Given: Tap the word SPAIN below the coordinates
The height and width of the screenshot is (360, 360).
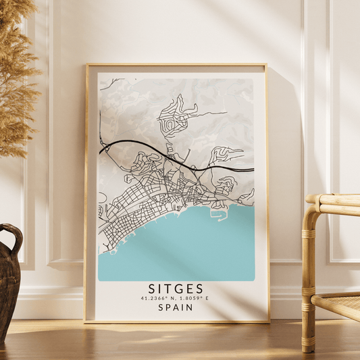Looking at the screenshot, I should coord(176,307).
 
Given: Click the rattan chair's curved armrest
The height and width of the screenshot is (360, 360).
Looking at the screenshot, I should coord(331,201).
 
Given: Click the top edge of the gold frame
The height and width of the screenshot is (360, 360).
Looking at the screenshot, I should coord(176,66).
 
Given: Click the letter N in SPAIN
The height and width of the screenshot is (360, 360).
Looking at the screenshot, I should coord(190,307).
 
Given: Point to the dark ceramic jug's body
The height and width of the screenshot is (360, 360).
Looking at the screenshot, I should coord(9,284).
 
